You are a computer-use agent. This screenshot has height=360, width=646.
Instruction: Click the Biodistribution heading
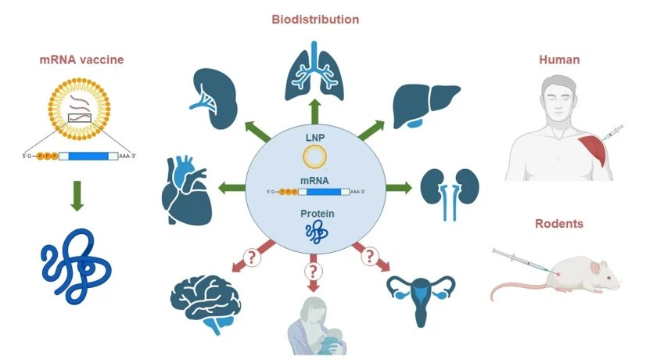315,19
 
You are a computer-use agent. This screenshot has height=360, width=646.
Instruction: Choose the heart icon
185,189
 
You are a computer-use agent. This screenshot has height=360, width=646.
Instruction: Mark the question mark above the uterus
369,256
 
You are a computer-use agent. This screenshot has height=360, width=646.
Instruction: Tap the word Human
558,59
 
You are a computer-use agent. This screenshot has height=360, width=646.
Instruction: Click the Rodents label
558,224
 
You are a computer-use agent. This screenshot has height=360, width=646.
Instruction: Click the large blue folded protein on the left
75,266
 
